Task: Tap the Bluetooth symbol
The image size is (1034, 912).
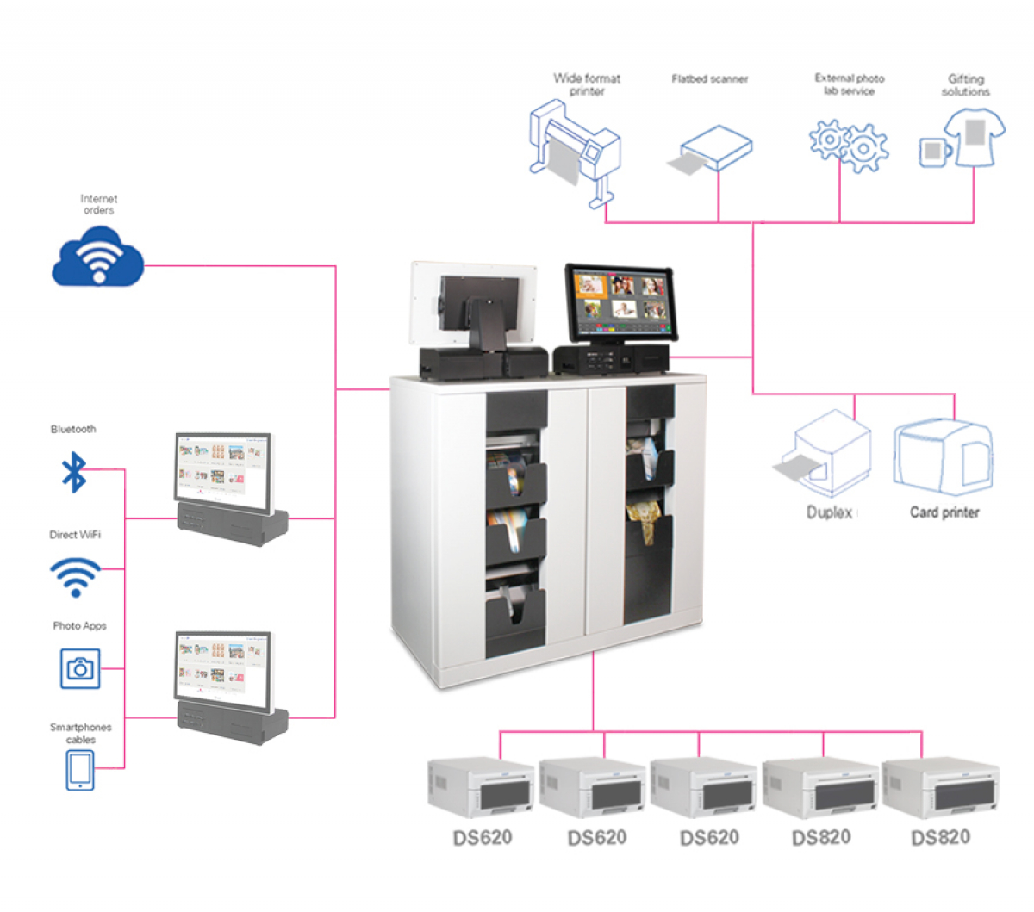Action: [x=74, y=472]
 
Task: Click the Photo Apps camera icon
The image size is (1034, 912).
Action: [x=80, y=668]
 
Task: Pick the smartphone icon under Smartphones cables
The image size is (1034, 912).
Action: [x=80, y=769]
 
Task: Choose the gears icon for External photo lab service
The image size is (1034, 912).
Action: [x=849, y=146]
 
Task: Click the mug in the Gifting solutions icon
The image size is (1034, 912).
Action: [x=933, y=152]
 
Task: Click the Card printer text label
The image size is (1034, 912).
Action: [x=944, y=512]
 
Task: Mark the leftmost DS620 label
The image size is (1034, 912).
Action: [x=483, y=838]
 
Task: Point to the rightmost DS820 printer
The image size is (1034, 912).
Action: [x=940, y=788]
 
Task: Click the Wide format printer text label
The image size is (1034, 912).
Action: [x=587, y=84]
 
